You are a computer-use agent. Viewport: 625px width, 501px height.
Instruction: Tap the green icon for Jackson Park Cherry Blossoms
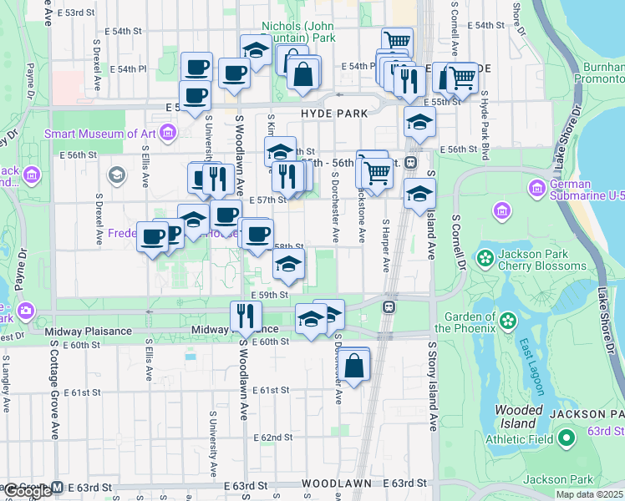click(x=484, y=258)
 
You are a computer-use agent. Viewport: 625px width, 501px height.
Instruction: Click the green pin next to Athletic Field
click(x=566, y=438)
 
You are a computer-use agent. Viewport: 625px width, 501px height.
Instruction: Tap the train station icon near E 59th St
click(x=389, y=307)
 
